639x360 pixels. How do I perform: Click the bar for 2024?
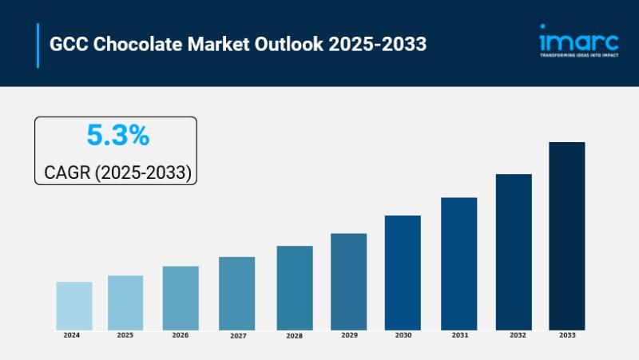tap(73, 306)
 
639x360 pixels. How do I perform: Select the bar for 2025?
tap(125, 303)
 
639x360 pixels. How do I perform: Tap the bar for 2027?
tap(237, 293)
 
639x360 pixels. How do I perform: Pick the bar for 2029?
tap(349, 281)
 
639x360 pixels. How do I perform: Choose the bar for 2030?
tap(403, 272)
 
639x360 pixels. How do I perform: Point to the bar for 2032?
tap(514, 251)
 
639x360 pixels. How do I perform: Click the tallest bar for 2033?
tap(566, 235)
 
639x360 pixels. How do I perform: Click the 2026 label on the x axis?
tap(181, 335)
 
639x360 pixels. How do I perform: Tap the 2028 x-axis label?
tap(294, 336)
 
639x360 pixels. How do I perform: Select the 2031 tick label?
tap(460, 335)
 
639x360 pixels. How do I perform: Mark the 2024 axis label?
tap(72, 335)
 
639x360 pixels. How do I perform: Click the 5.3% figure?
tap(117, 136)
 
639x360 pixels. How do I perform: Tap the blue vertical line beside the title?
tap(38, 45)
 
